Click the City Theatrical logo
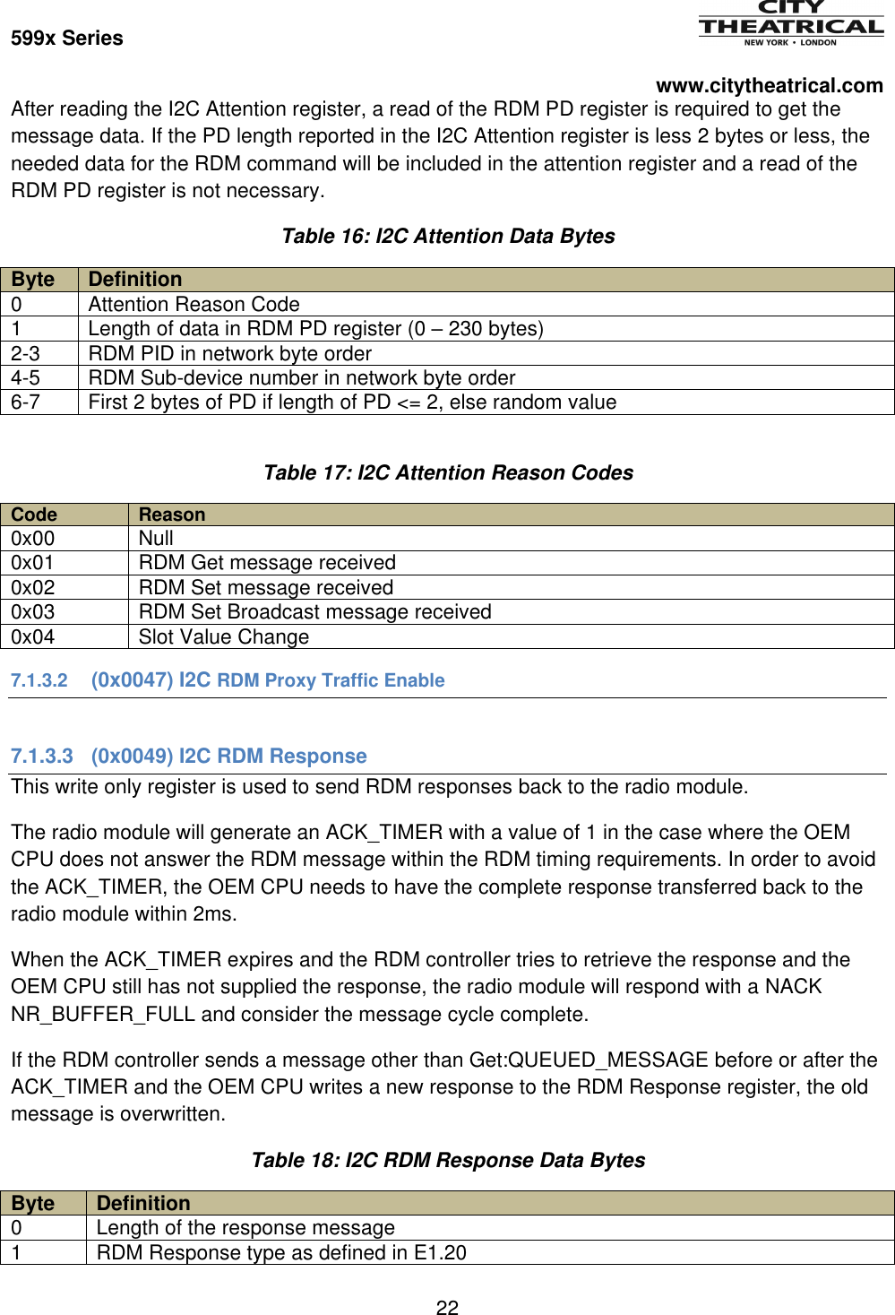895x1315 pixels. (790, 23)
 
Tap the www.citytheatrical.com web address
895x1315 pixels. (769, 86)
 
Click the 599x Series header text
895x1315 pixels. (67, 39)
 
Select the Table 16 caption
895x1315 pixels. (448, 237)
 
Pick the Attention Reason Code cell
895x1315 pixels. (194, 305)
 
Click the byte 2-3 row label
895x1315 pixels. (26, 354)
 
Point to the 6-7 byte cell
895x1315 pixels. (26, 402)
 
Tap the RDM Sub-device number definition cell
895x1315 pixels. (302, 378)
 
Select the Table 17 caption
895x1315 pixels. (448, 473)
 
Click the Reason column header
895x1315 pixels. (172, 515)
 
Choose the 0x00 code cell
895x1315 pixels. (33, 539)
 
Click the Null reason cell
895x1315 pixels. (156, 539)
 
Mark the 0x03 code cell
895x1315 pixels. (33, 612)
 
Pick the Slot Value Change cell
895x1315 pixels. (224, 637)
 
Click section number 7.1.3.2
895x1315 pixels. (39, 681)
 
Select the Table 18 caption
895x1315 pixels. (448, 1161)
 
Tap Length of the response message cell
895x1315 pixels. (245, 1228)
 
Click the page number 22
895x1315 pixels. (447, 1308)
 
